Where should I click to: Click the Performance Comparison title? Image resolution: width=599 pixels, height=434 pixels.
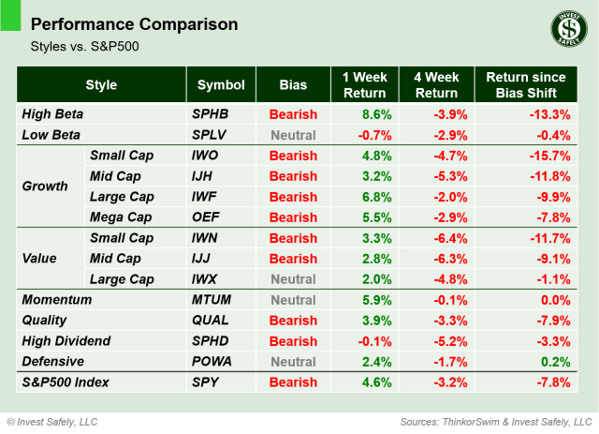click(134, 23)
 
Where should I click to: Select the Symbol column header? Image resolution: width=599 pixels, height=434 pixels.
click(220, 84)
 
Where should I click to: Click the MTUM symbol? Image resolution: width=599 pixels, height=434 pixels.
click(212, 300)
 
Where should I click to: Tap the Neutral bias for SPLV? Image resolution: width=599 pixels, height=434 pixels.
click(293, 135)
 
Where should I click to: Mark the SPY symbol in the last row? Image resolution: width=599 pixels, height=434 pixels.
click(205, 382)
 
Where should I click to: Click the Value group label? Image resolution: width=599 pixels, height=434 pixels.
click(40, 259)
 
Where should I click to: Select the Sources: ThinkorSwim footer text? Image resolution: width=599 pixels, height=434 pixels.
click(495, 421)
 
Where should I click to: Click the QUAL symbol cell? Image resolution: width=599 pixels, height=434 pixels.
click(212, 321)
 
